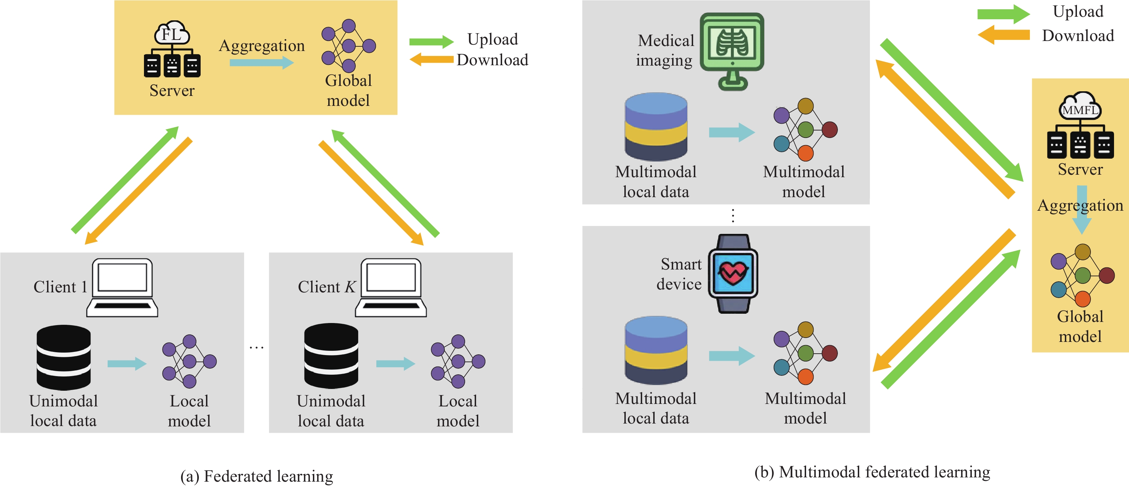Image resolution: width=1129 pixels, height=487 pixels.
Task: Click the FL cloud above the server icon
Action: click(x=172, y=33)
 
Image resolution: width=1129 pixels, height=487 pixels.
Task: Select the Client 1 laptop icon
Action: click(x=122, y=288)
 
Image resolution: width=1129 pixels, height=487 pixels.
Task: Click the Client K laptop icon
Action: click(x=391, y=288)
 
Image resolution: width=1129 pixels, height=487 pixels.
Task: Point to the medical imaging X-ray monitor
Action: click(x=732, y=50)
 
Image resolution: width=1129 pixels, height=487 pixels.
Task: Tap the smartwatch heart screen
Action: click(x=733, y=273)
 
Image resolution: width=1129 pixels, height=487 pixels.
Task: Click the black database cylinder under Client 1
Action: click(x=63, y=357)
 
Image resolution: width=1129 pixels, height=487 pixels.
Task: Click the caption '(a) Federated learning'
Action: click(x=257, y=476)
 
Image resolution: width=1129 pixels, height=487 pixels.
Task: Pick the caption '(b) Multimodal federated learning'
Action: click(x=872, y=472)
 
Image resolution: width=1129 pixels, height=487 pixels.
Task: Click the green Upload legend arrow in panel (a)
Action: click(x=431, y=42)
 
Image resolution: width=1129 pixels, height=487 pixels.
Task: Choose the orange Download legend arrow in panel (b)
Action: click(x=1004, y=35)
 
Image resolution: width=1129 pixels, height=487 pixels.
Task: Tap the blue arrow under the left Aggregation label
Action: click(x=261, y=63)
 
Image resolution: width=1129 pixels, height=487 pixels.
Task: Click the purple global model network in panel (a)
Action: click(x=349, y=46)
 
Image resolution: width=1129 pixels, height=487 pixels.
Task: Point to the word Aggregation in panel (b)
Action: click(x=1080, y=205)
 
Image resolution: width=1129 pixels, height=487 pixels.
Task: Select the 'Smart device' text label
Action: click(x=680, y=274)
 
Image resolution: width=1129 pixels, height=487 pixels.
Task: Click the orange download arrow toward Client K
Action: click(x=371, y=193)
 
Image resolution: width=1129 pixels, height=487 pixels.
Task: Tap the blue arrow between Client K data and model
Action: click(x=395, y=363)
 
